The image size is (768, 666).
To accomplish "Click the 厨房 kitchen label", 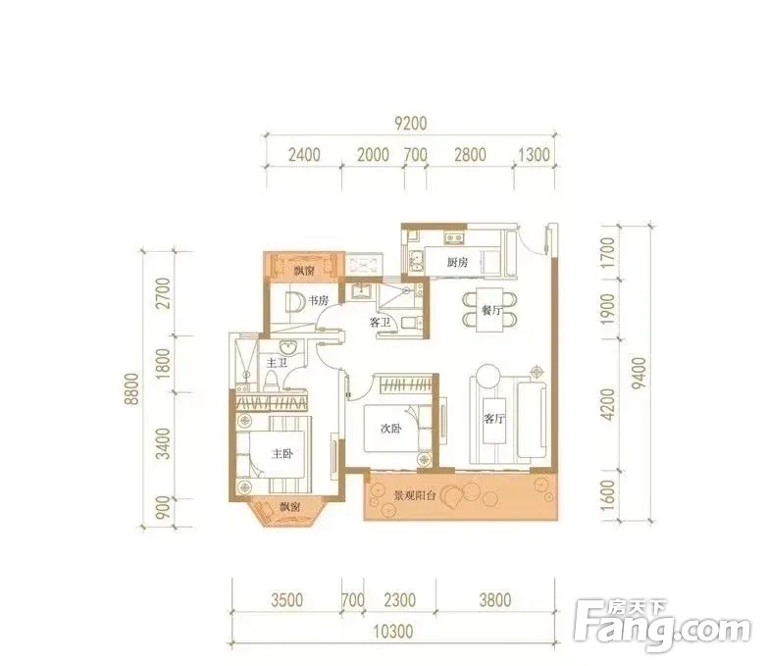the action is (x=457, y=263).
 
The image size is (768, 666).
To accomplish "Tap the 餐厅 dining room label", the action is (x=490, y=310).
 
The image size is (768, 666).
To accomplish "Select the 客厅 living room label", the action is (x=493, y=419).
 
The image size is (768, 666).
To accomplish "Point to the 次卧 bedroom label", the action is (x=390, y=429).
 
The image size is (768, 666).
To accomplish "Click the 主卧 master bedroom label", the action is (x=282, y=454).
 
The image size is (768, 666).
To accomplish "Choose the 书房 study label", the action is (x=318, y=300).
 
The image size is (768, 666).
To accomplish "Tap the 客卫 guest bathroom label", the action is (x=380, y=323).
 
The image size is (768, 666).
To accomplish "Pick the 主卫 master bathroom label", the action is (x=277, y=363).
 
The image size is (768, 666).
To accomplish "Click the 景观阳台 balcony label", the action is (x=415, y=495).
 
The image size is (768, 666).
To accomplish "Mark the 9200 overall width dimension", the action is (x=411, y=123).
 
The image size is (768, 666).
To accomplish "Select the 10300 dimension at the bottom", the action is (x=393, y=632).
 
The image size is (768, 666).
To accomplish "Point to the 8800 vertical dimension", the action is (x=131, y=388).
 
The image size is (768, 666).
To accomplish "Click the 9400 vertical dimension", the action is (x=640, y=374).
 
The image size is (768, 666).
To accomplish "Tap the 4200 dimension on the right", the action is (x=607, y=404).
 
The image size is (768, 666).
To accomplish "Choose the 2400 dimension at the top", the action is (x=304, y=155).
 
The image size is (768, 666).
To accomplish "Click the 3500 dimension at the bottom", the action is (x=287, y=600).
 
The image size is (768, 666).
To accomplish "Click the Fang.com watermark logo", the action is (x=663, y=625).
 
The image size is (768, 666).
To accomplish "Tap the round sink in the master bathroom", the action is (x=288, y=347).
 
